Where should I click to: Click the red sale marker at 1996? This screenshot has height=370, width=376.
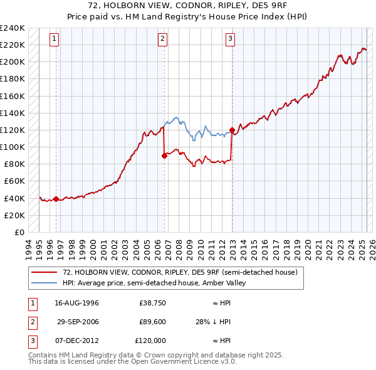click(x=56, y=199)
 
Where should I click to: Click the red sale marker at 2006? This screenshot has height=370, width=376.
click(x=164, y=156)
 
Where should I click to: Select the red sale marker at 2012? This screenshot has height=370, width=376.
click(x=232, y=130)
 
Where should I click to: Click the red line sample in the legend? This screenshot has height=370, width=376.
click(x=44, y=272)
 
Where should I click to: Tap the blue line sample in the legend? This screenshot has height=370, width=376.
click(x=44, y=283)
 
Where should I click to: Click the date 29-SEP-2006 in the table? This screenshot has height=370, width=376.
click(x=78, y=322)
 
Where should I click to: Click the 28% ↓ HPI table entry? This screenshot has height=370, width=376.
click(x=213, y=322)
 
